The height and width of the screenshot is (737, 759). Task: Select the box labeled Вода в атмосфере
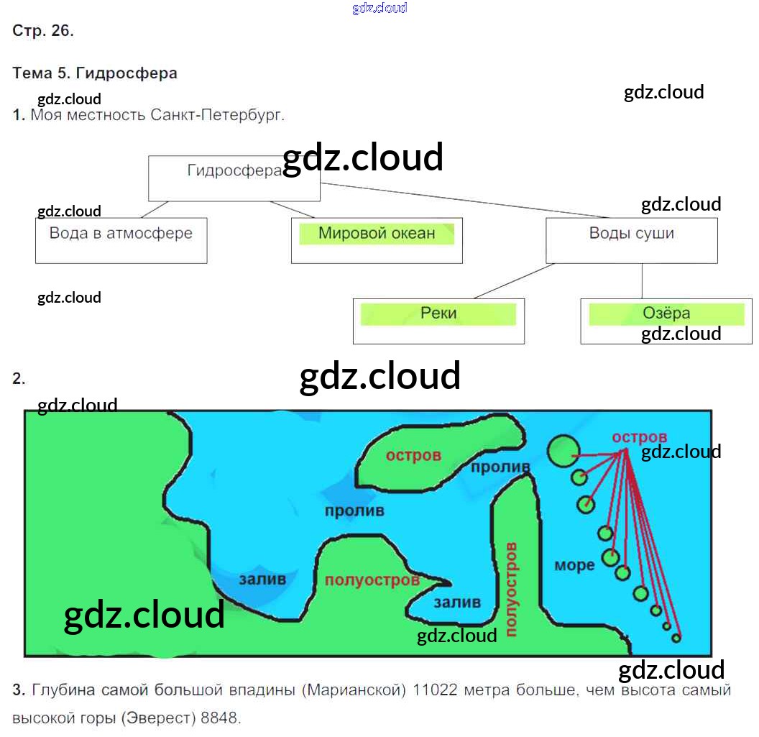(121, 240)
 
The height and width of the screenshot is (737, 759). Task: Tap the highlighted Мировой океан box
(377, 240)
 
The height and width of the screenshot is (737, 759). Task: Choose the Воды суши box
(631, 240)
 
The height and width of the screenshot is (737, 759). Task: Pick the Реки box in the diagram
(438, 321)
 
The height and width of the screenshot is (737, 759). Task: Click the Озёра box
(666, 321)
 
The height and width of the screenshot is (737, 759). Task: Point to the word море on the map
(574, 565)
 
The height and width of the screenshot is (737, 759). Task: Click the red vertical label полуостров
(511, 590)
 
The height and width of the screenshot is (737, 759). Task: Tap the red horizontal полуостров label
(372, 580)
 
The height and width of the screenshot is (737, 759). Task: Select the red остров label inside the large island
(413, 456)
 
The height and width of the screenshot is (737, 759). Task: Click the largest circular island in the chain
(563, 450)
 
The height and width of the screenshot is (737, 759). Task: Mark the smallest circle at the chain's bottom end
(676, 637)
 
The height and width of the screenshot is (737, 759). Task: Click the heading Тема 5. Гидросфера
(95, 73)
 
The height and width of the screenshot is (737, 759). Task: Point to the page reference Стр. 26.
(43, 31)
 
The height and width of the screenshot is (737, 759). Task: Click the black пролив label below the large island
(354, 511)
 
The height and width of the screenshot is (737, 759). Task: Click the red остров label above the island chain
(639, 437)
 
